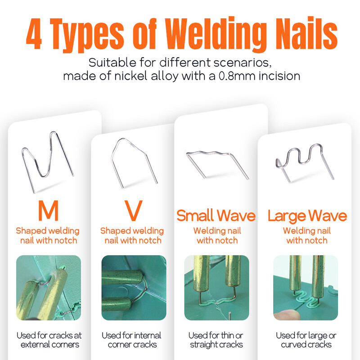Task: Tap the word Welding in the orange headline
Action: [215, 35]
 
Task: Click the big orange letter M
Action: [48, 211]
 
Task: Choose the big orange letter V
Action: [133, 211]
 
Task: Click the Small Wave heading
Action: [216, 216]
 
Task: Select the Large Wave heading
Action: [307, 216]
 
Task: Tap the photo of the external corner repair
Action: [49, 288]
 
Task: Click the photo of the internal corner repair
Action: [134, 288]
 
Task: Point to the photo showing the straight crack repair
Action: [216, 288]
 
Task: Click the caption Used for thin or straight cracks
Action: [216, 340]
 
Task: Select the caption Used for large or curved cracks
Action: [306, 340]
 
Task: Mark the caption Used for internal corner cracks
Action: [132, 340]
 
